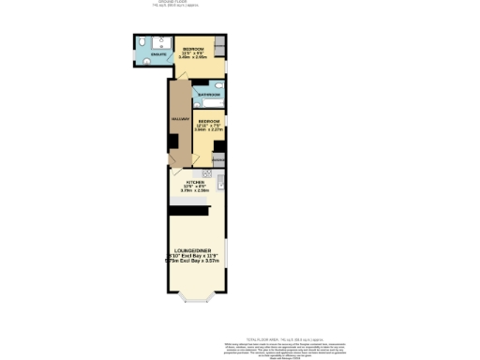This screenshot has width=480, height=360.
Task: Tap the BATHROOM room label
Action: coord(209,95)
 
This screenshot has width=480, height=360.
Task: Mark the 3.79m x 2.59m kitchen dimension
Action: coord(195,191)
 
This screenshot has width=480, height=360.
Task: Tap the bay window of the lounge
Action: coord(197,299)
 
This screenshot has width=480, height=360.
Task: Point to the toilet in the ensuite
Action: coord(141,43)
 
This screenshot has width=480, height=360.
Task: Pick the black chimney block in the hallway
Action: coord(172,141)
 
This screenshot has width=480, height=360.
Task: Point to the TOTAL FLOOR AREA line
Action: coord(271,337)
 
